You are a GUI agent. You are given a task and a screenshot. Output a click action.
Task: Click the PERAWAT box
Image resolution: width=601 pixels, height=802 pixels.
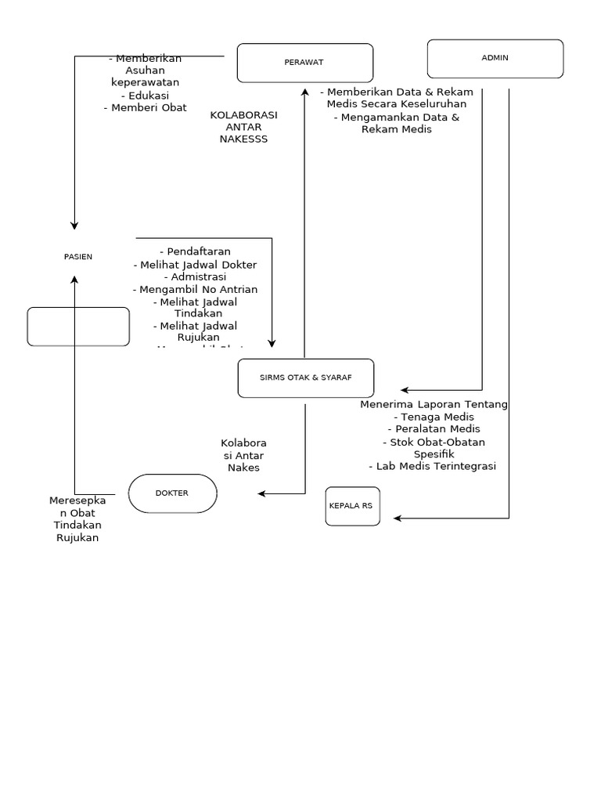304,63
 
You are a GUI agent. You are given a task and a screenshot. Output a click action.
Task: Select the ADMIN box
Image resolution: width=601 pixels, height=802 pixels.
495,59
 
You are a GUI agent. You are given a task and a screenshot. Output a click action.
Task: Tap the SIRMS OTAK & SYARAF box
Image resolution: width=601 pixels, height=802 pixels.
305,378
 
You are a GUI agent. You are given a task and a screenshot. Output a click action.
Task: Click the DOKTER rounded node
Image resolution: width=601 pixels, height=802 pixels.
172,493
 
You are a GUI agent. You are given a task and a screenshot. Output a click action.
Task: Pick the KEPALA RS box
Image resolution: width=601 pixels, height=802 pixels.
352,506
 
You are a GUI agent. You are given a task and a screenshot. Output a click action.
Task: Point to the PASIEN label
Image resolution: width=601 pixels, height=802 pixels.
77,257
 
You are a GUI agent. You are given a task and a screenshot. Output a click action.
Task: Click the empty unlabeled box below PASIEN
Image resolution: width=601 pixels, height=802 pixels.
78,327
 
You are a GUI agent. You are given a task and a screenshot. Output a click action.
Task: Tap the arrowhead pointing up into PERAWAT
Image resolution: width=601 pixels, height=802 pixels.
304,92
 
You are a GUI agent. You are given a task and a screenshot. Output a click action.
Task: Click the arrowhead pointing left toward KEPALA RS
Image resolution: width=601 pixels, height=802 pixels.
398,518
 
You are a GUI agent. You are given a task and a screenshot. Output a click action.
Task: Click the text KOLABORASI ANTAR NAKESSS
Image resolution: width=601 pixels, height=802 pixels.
243,127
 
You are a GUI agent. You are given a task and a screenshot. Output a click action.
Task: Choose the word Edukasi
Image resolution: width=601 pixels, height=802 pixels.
145,96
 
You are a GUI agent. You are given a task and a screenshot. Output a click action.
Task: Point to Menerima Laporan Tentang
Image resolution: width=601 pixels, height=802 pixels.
434,404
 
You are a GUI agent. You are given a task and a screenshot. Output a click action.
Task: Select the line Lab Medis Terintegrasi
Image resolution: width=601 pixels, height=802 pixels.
433,466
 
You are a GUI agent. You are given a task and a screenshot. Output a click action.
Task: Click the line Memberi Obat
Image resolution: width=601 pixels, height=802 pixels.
145,108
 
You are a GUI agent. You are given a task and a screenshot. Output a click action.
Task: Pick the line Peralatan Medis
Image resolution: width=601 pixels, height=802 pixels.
434,429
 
